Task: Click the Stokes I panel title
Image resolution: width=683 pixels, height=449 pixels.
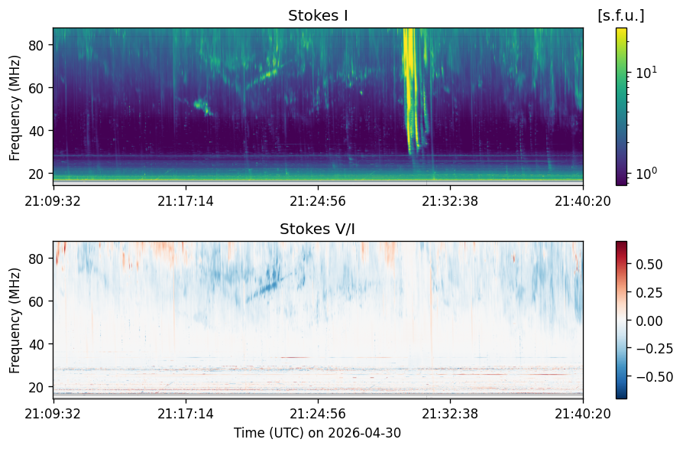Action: click(318, 16)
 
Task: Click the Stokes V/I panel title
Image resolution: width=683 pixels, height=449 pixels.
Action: click(317, 229)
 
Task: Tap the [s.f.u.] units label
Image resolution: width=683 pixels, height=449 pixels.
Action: click(620, 16)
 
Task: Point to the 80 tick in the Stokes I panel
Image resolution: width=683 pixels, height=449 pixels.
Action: click(35, 45)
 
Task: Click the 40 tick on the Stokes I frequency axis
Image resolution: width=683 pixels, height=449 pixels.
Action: click(35, 131)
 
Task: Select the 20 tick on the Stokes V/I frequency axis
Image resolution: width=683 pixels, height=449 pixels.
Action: click(35, 387)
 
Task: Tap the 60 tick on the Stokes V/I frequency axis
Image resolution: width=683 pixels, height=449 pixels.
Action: click(35, 301)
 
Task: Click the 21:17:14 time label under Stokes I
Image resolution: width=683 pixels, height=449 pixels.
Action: click(186, 201)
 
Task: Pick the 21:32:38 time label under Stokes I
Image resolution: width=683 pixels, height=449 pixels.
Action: click(450, 201)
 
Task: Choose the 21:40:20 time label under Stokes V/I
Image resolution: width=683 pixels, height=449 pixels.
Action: click(582, 413)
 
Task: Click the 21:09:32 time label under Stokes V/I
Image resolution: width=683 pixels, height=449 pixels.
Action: click(53, 413)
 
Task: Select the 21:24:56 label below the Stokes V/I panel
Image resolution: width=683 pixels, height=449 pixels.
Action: click(318, 413)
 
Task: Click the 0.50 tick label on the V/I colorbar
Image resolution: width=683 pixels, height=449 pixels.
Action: click(649, 265)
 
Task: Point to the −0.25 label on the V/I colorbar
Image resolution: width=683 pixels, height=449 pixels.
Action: click(654, 348)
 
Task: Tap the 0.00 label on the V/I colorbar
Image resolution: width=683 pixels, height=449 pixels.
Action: click(649, 320)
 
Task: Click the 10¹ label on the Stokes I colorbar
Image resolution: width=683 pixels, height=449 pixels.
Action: click(646, 73)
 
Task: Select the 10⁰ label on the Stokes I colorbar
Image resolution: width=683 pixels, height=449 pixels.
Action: click(646, 174)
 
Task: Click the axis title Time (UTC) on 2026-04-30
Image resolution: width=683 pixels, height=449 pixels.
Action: click(317, 433)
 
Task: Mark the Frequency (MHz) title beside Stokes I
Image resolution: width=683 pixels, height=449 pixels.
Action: click(15, 108)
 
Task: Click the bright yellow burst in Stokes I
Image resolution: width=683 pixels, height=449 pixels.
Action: click(410, 87)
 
